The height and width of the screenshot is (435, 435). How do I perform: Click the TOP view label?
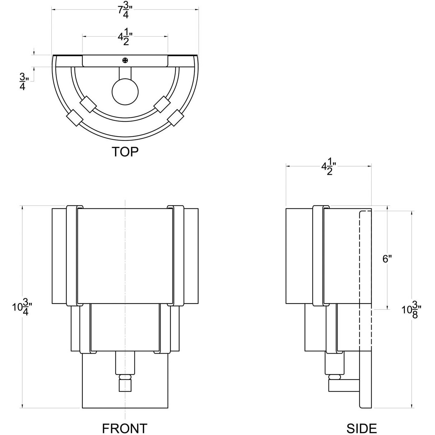(125, 151)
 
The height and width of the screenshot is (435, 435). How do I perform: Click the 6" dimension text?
(387, 259)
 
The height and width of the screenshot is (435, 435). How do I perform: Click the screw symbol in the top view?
(125, 60)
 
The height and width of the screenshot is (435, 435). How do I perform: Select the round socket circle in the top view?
(125, 92)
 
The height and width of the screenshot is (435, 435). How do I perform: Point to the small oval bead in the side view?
(335, 377)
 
